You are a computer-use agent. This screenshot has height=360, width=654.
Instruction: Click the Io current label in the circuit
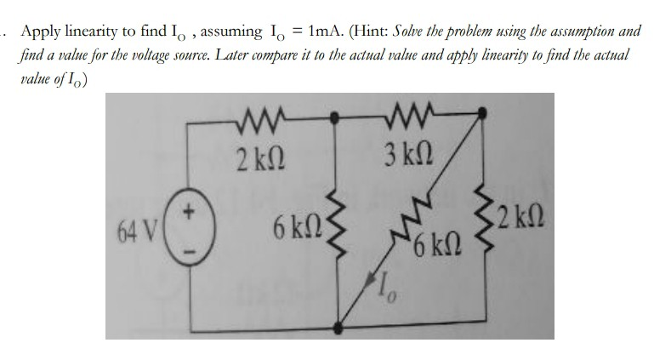coord(377,291)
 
